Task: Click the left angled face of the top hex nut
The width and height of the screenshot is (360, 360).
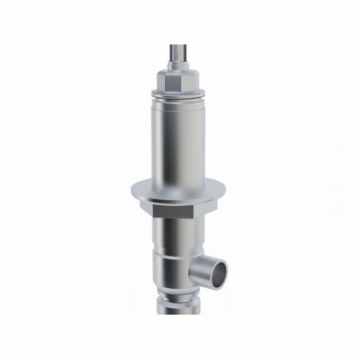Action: click(162, 81)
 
